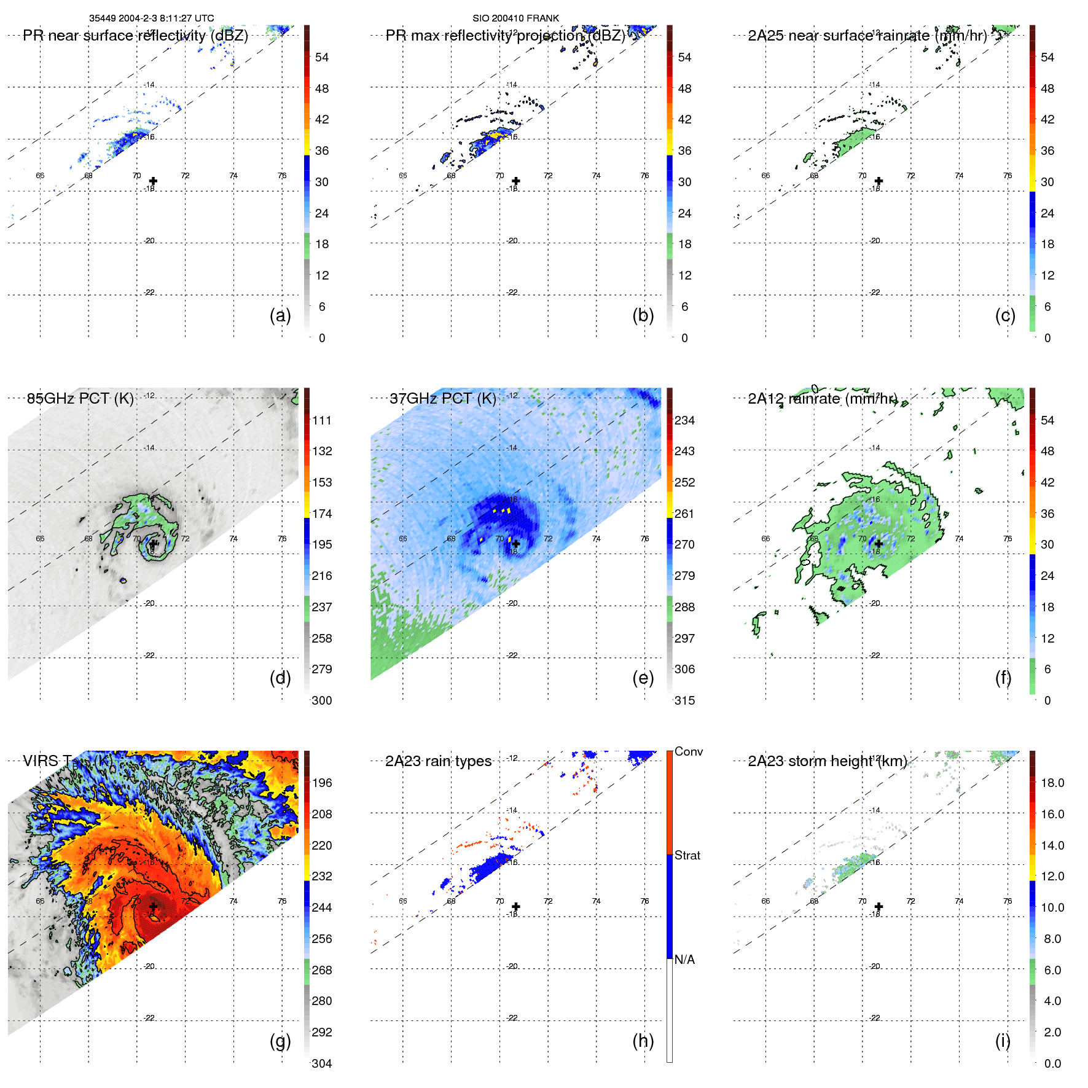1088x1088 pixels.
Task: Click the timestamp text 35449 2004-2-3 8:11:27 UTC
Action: [x=152, y=18]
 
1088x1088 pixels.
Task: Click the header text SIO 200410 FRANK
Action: [x=515, y=18]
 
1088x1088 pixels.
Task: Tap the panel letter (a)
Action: [x=280, y=315]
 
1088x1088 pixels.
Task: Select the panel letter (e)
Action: [x=643, y=678]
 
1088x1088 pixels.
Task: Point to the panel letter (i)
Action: [x=1003, y=1041]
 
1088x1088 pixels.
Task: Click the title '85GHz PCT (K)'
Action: [x=80, y=398]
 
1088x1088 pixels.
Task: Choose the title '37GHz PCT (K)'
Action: [x=442, y=398]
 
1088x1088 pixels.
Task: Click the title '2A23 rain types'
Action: [x=438, y=761]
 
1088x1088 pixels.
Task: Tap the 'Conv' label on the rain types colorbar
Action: [x=688, y=751]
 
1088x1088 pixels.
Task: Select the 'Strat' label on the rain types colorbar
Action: [x=687, y=855]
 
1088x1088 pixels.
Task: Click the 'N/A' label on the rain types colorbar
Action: [x=684, y=960]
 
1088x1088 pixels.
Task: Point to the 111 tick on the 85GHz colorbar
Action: [x=322, y=420]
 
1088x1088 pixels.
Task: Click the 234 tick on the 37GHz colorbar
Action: [x=684, y=420]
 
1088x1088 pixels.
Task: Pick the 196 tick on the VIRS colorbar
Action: [x=322, y=783]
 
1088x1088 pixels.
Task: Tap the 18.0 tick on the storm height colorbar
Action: [x=1052, y=783]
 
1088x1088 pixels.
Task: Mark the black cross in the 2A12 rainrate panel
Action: [x=879, y=544]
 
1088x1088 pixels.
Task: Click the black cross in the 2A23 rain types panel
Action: [x=516, y=906]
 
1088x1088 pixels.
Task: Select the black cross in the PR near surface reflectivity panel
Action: [x=153, y=181]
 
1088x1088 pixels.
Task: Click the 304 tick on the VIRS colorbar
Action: [x=322, y=1063]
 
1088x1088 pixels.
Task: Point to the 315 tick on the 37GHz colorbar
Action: [x=684, y=700]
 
